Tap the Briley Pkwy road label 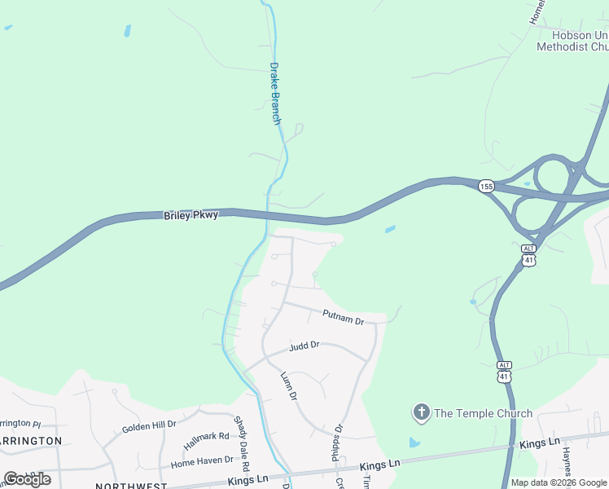191,215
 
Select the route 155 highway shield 486,187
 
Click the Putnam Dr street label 343,316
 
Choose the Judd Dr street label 304,346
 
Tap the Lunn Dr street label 289,385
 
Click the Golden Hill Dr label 149,426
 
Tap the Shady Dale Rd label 240,438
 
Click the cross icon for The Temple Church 422,412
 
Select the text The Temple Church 483,413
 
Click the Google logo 27,478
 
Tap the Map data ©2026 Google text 559,482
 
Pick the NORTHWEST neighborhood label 130,486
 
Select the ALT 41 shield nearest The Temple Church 506,372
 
